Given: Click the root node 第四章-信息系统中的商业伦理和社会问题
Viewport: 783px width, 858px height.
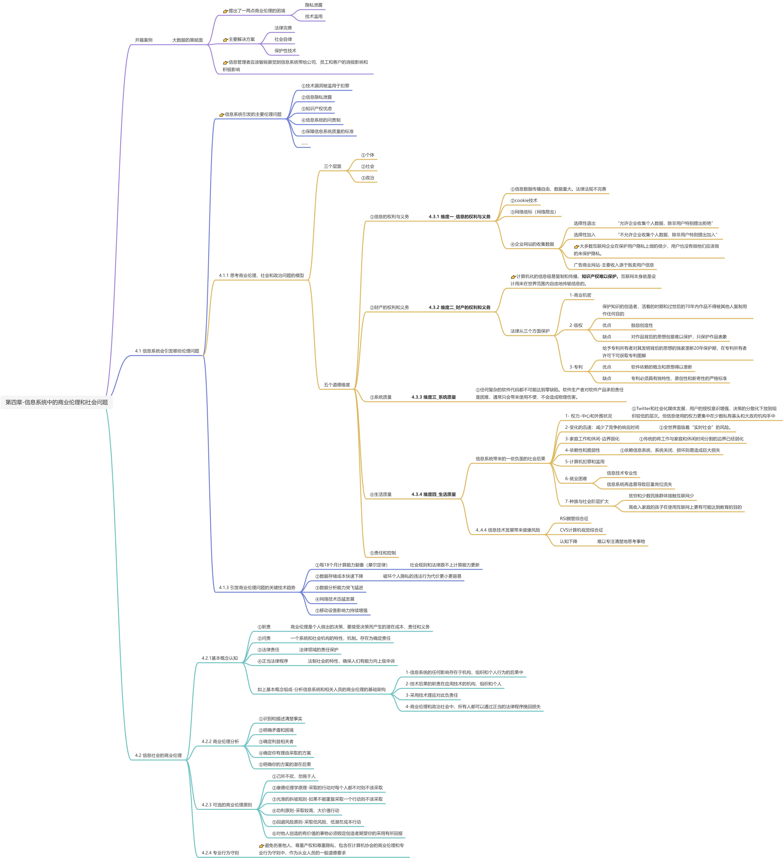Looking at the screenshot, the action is pos(57,402).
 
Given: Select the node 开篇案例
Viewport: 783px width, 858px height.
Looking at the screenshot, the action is pos(144,40).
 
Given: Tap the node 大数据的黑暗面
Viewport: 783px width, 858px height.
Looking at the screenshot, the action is pos(187,40).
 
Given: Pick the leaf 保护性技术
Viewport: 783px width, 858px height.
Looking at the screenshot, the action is pos(285,51).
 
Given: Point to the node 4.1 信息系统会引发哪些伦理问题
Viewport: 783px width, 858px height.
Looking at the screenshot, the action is pos(167,351).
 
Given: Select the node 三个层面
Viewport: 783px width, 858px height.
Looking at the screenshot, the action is pos(332,166).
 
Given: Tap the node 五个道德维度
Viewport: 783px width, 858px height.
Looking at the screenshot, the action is pos(336,385).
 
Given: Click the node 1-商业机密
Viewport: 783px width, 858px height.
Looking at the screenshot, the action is pos(580,295).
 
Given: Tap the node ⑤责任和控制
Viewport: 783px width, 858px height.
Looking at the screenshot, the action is pos(383,553).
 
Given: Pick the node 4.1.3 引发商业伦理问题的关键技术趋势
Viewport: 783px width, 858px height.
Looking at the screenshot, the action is pos(257,588).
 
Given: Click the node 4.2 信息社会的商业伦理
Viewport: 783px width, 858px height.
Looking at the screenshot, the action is pos(158,755).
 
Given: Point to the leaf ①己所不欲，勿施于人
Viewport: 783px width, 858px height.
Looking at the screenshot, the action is pos(294,776).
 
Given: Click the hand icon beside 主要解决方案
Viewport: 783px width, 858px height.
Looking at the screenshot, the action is pos(225,40).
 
